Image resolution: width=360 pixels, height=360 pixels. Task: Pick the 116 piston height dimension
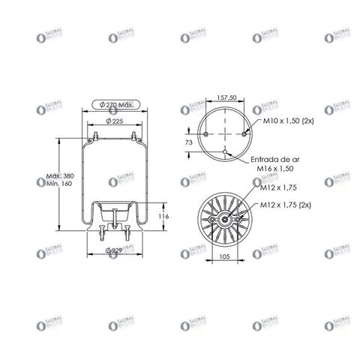coord(164,216)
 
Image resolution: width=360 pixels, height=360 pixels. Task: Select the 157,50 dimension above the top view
coord(226,97)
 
